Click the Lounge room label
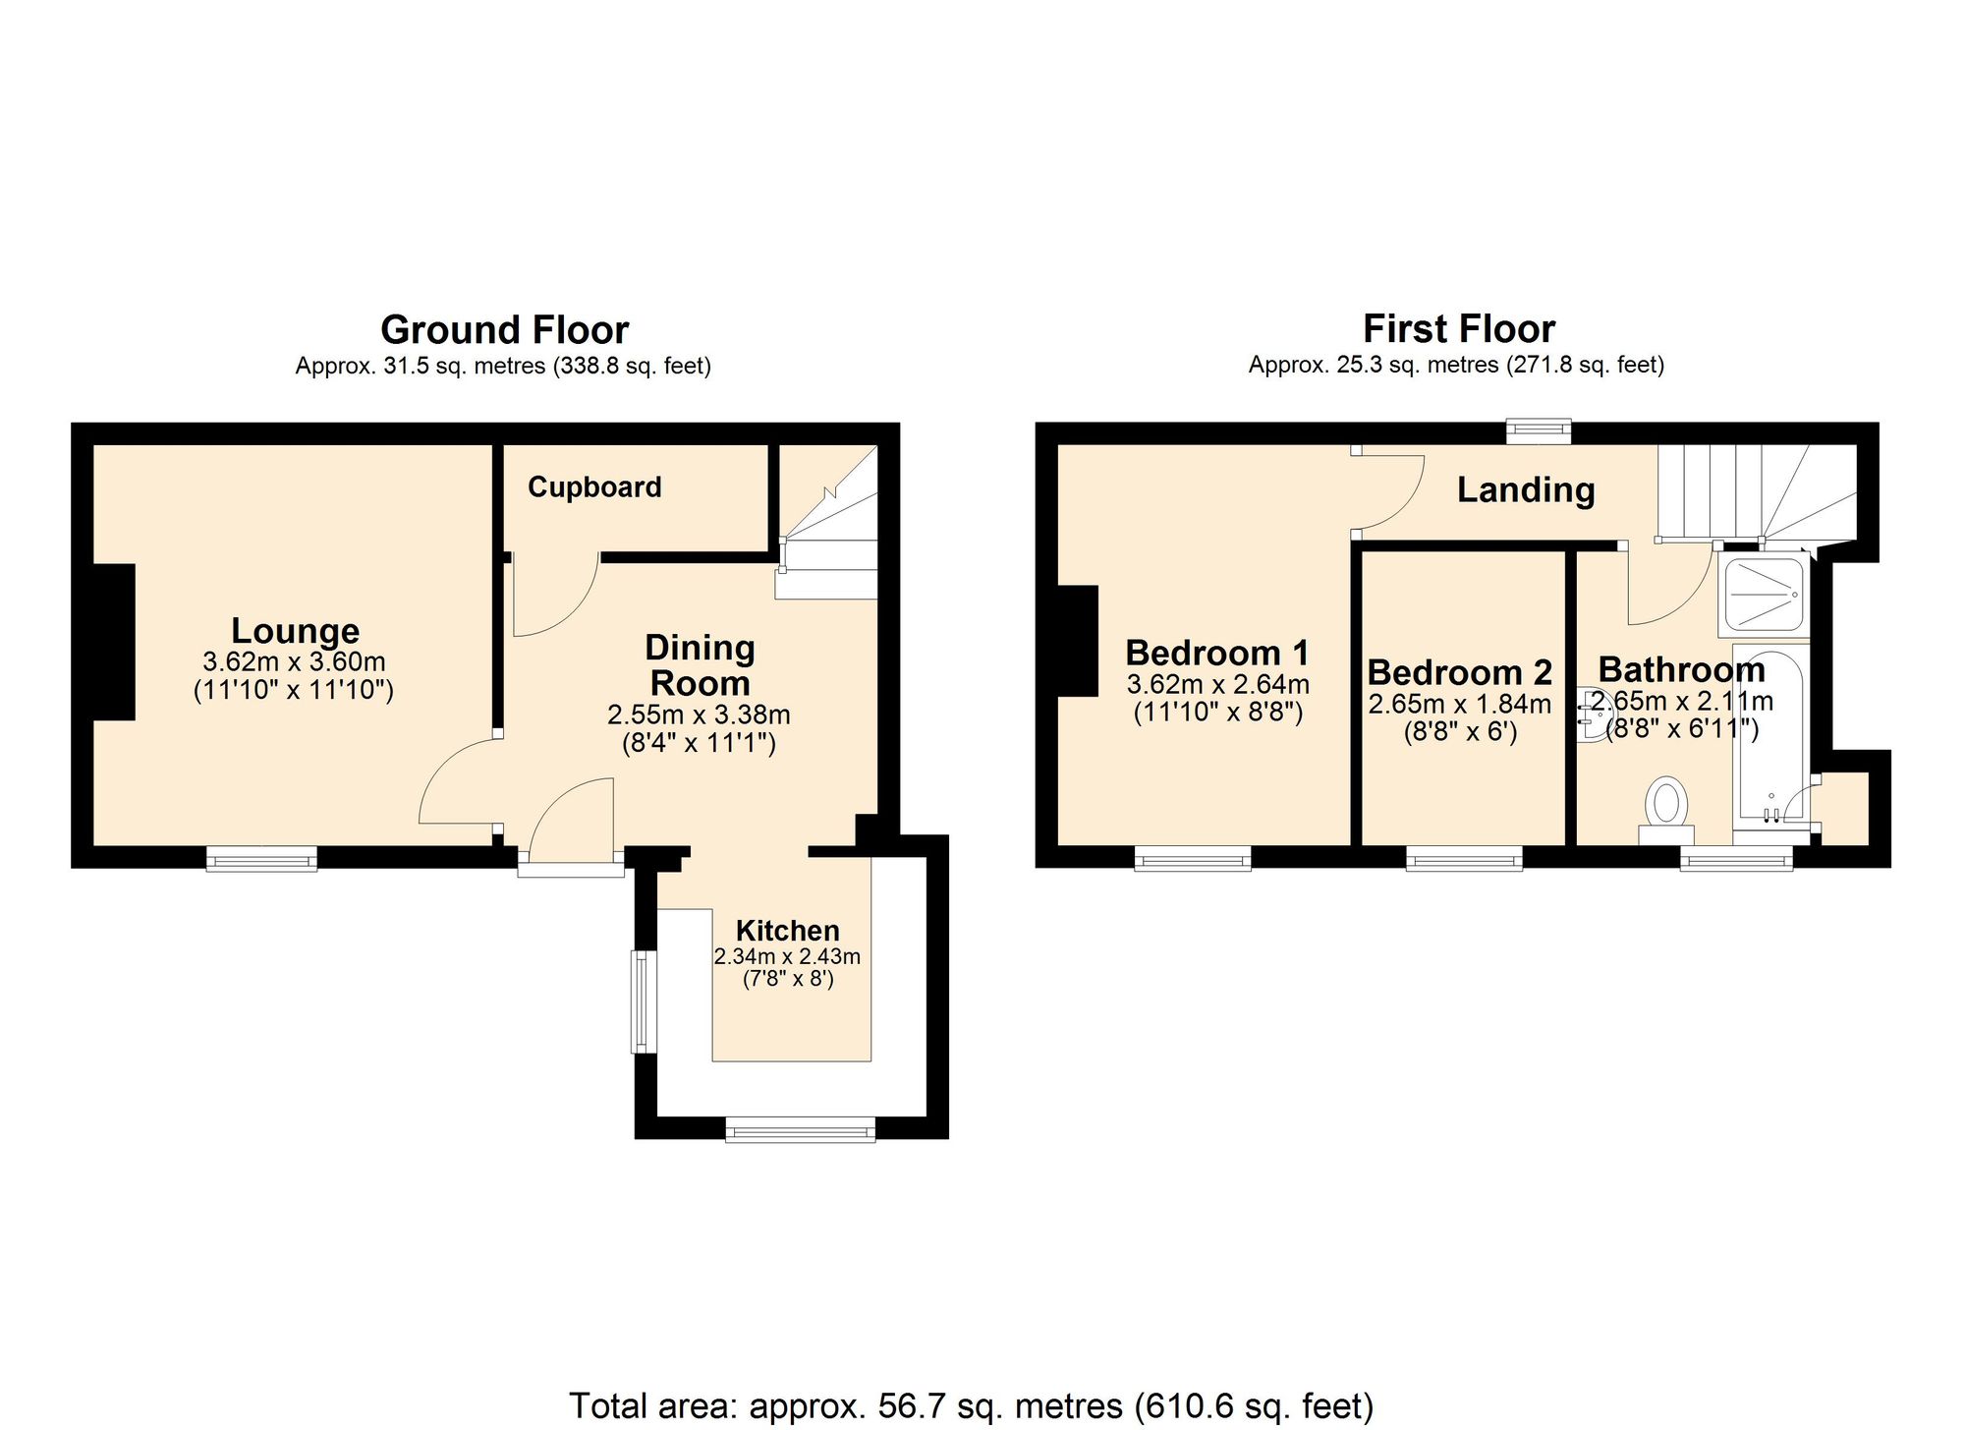tap(295, 631)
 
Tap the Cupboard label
tap(594, 487)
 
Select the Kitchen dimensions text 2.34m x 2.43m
tap(787, 956)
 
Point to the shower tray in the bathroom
tap(1765, 594)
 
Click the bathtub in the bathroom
tap(1770, 732)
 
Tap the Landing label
tap(1525, 489)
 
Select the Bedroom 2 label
tap(1459, 673)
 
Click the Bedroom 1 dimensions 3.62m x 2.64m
tap(1217, 684)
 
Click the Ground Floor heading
tap(504, 330)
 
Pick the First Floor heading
tap(1458, 328)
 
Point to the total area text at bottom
tap(971, 1405)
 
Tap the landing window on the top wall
tap(1540, 430)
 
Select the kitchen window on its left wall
tap(644, 1001)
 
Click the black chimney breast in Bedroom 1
tap(1077, 641)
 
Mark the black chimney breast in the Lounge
tap(113, 642)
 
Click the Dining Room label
tap(700, 665)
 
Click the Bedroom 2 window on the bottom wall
tap(1464, 860)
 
